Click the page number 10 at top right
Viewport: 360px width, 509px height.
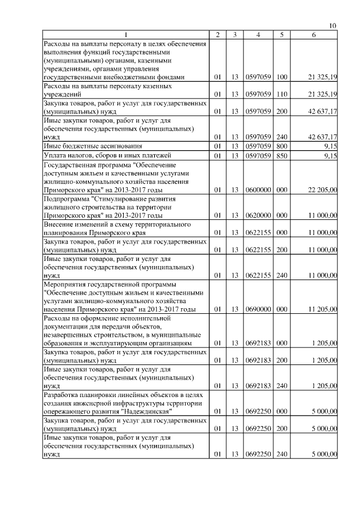pos(332,26)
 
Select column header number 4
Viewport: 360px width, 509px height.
pos(258,35)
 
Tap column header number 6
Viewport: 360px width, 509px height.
pos(313,35)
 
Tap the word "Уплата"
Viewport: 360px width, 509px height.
pos(55,155)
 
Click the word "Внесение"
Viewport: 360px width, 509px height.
pos(59,224)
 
